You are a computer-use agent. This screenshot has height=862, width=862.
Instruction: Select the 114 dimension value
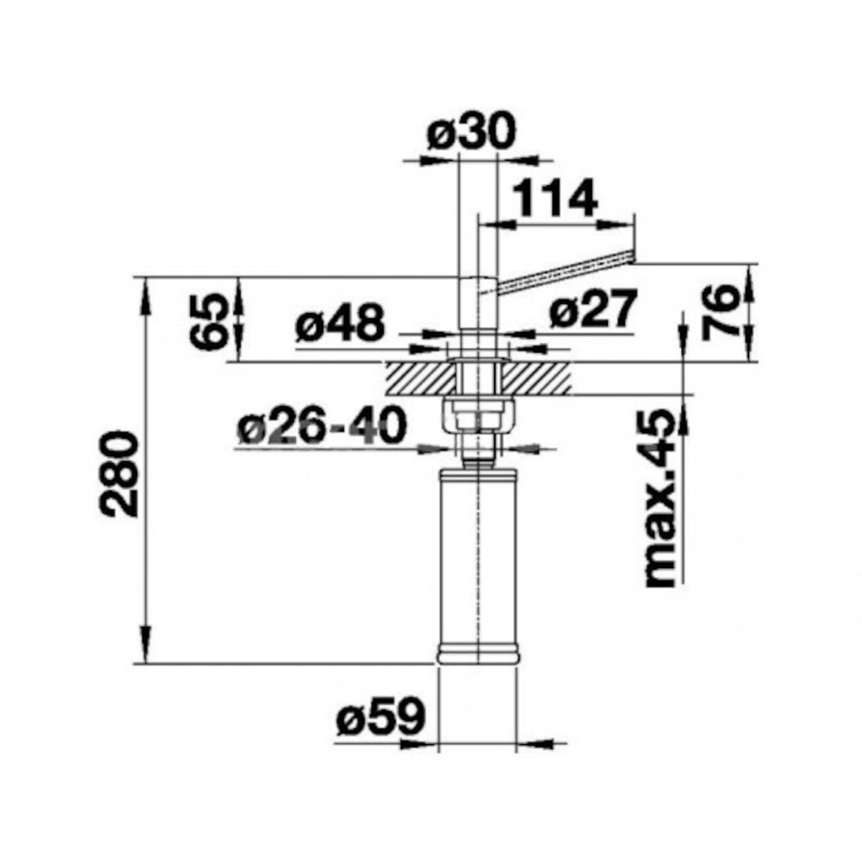[x=554, y=200]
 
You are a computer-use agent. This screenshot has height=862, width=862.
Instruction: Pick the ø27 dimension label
[x=592, y=309]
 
